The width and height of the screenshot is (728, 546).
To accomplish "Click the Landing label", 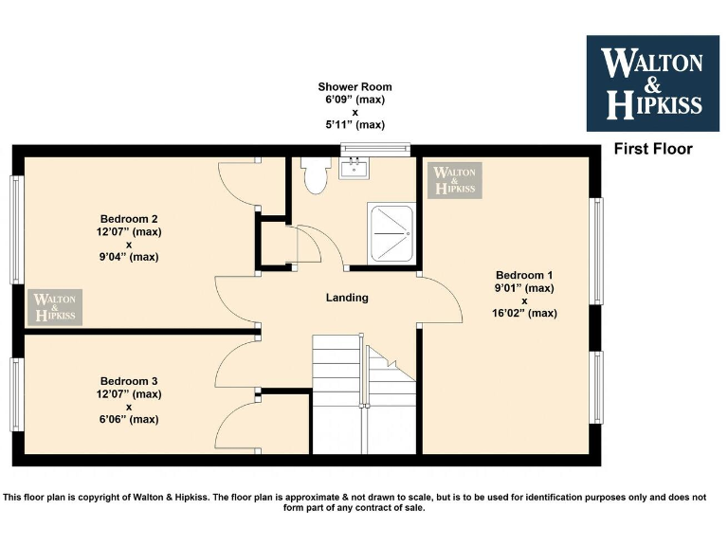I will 347,298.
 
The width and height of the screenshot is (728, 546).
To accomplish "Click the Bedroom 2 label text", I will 128,219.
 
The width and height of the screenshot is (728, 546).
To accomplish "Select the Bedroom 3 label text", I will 128,381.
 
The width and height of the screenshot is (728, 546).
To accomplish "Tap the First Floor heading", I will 653,149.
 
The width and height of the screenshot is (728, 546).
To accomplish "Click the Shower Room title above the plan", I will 355,87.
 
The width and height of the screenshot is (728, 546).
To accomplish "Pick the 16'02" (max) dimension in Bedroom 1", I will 524,313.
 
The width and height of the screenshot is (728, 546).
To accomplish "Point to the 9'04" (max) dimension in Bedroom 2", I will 128,256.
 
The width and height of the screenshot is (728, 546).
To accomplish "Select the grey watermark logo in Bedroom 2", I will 55,307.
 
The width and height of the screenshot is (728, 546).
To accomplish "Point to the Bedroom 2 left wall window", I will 17,229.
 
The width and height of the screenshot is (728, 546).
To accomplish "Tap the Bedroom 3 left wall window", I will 17,394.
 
